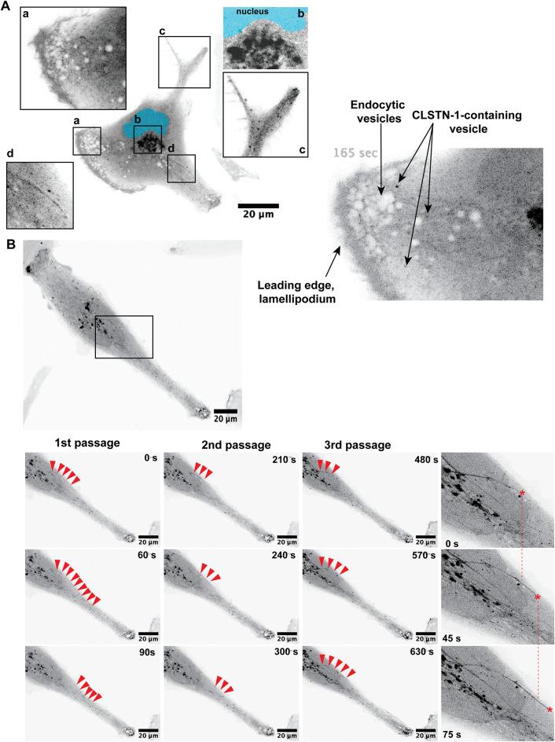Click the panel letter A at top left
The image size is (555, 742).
point(7,7)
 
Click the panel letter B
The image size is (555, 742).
point(9,245)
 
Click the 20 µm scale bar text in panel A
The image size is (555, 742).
point(259,215)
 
